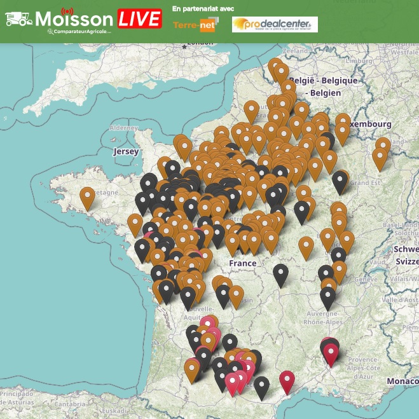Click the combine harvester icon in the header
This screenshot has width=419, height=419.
(19, 19)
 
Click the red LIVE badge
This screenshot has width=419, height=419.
(139, 18)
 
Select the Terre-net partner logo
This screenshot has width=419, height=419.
(195, 25)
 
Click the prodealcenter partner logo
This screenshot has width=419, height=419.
(274, 25)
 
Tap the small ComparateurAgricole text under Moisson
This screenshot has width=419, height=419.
(83, 31)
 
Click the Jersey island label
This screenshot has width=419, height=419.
(125, 152)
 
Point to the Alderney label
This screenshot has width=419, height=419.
(123, 128)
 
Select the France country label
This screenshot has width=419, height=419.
(242, 263)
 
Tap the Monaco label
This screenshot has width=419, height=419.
(402, 380)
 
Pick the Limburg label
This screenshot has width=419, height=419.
(358, 60)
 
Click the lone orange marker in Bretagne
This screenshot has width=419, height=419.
(87, 198)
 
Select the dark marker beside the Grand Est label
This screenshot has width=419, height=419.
(340, 181)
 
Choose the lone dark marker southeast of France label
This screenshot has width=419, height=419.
(280, 275)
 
